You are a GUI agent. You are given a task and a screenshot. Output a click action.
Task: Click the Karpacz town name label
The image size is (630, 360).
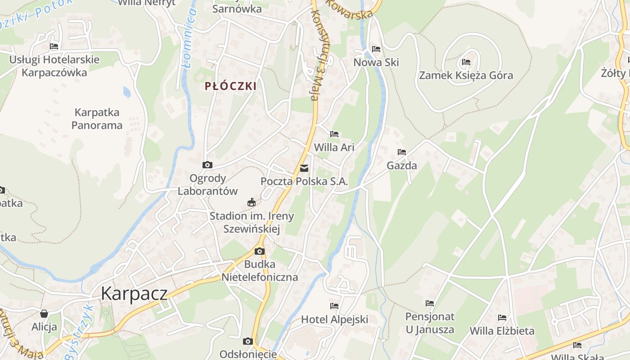coord(134,293)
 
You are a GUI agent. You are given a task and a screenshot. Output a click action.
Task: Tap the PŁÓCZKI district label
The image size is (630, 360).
coord(230,86)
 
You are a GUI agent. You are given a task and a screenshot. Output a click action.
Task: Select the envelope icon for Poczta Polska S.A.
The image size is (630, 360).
coord(304,168)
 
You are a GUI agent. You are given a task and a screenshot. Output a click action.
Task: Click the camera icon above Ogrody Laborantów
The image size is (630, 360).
coord(207,165)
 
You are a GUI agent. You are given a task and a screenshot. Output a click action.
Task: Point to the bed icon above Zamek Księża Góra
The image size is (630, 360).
coord(466,62)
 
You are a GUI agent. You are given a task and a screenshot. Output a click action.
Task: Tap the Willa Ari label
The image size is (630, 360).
coord(334,147)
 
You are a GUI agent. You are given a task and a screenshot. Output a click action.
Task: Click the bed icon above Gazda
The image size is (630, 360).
coord(402,152)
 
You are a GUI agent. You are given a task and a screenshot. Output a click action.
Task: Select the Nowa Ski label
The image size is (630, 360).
coord(376,62)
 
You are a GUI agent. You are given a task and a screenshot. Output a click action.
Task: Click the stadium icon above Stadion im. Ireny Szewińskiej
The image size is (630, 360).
coord(252,202)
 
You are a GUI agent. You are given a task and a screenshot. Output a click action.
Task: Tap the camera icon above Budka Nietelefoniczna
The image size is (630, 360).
coord(260,251)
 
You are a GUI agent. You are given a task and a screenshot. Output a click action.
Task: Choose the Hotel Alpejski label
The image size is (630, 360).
coord(334,319)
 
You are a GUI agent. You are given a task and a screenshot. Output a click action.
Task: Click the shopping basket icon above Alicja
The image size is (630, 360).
coord(44,314)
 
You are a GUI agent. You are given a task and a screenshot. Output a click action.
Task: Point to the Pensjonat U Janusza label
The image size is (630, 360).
coord(430,323)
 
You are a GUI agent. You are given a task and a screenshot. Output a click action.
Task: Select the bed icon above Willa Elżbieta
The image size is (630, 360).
coord(502,318)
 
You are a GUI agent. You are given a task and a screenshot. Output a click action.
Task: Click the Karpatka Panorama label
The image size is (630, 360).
coord(97,119)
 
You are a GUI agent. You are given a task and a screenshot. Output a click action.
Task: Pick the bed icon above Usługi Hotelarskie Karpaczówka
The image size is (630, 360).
coord(54,46)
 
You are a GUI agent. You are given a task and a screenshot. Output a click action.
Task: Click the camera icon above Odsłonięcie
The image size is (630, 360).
coord(247,341)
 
